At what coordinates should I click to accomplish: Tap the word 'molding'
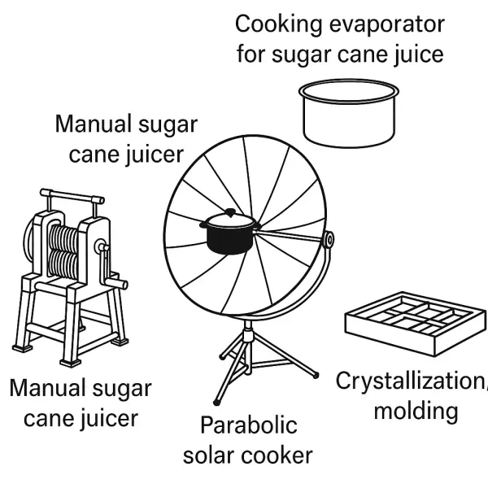(415, 410)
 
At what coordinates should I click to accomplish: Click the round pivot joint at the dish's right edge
(329, 240)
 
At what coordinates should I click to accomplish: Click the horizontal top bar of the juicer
(71, 197)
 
